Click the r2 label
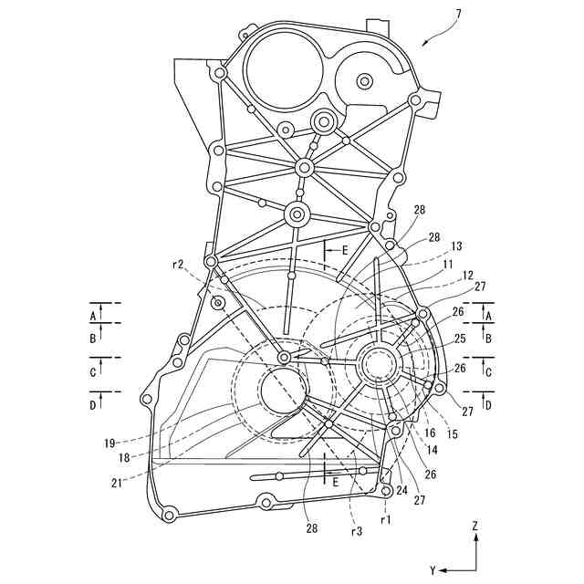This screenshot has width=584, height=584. tap(179, 265)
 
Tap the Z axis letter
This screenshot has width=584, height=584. tap(474, 527)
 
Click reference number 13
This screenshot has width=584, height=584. tap(457, 246)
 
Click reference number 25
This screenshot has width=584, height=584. tap(459, 339)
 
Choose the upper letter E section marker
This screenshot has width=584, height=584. tap(344, 248)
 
